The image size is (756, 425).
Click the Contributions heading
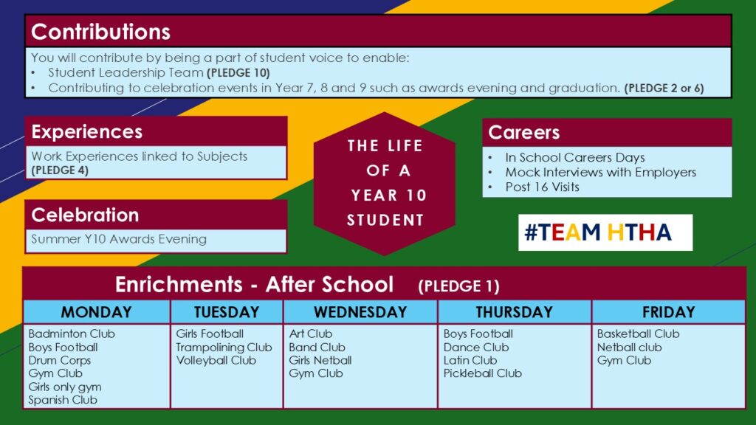[x=100, y=32]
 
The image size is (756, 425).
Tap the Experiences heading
[x=87, y=131]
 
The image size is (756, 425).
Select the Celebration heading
[x=85, y=215]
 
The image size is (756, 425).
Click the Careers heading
[x=523, y=133]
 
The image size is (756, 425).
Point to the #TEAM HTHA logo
[x=605, y=232]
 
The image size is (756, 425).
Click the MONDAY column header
[x=97, y=312]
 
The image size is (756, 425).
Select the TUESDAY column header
[x=227, y=312]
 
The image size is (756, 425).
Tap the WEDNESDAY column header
[x=360, y=312]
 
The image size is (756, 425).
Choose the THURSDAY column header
[x=514, y=312]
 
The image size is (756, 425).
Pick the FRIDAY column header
[x=668, y=312]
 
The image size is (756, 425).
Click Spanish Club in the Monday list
[x=63, y=400]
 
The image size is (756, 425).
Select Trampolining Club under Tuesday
[x=224, y=348]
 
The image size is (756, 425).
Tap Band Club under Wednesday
[x=317, y=348]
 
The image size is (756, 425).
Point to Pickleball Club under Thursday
[x=483, y=373]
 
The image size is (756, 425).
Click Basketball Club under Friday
[x=638, y=334]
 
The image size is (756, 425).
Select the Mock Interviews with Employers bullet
[x=600, y=173]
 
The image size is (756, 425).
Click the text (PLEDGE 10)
[x=238, y=73]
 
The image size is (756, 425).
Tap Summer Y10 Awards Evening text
[x=119, y=239]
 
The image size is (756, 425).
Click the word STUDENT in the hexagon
[x=385, y=220]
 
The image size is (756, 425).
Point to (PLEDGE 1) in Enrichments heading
[x=458, y=286]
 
